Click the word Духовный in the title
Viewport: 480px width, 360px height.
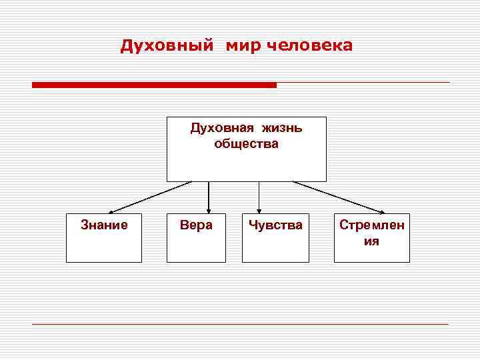coord(167,46)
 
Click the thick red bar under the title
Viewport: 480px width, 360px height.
coord(154,85)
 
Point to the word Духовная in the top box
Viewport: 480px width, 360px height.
coord(217,128)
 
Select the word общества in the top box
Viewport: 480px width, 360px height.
coord(247,143)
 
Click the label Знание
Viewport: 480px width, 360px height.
coord(104,225)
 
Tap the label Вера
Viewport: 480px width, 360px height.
coord(196,225)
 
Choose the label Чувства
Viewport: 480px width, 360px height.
coord(275,225)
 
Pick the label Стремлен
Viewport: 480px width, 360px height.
coord(371,225)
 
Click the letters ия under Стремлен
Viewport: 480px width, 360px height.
coord(371,241)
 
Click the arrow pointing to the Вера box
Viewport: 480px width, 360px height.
coord(209,197)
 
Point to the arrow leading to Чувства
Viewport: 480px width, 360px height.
coord(259,197)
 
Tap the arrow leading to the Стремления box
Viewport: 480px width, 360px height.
coord(339,197)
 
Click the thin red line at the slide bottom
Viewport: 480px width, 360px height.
coord(240,324)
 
